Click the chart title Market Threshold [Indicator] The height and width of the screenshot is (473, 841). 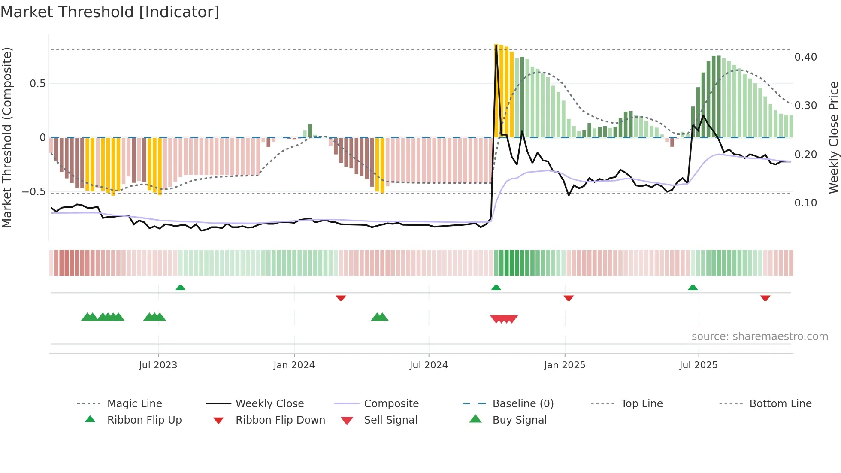click(110, 12)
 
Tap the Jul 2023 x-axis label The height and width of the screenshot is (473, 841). click(158, 365)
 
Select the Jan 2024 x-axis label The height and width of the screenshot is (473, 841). click(294, 365)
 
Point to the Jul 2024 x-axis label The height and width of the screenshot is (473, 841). click(428, 365)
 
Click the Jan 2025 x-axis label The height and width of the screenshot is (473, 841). click(564, 365)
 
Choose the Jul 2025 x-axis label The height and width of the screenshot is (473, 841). click(698, 365)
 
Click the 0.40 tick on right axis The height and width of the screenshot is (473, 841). click(805, 57)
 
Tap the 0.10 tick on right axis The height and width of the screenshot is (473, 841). click(805, 203)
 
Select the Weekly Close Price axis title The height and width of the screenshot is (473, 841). click(833, 137)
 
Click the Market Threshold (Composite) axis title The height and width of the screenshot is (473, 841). click(7, 137)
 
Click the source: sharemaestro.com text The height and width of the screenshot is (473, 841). click(759, 337)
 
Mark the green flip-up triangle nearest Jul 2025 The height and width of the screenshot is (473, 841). click(693, 288)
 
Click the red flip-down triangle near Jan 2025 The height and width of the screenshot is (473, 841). click(569, 298)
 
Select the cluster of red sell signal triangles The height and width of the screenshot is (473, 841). click(504, 319)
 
